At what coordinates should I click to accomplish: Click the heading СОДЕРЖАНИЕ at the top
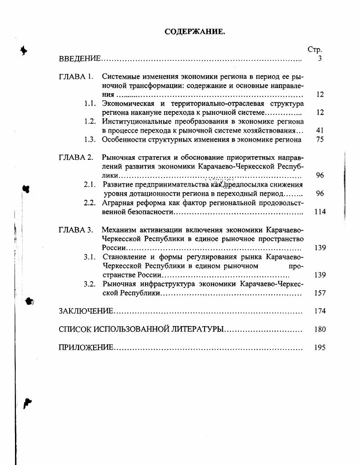(195, 32)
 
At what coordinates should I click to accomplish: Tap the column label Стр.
(315, 50)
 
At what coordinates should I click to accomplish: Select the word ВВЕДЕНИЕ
(80, 59)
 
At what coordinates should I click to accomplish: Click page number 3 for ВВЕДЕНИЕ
(320, 59)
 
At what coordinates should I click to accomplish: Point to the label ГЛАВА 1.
(76, 77)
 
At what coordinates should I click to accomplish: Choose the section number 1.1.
(90, 104)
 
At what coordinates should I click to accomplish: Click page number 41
(320, 130)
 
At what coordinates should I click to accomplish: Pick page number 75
(320, 139)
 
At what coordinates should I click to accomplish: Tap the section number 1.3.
(90, 139)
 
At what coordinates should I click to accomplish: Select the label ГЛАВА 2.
(76, 158)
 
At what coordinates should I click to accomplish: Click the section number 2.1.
(90, 184)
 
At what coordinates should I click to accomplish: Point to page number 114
(320, 212)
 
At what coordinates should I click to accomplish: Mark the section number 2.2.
(90, 203)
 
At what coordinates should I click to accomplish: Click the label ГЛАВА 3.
(76, 230)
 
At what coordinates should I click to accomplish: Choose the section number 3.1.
(90, 257)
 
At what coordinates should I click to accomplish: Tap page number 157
(320, 293)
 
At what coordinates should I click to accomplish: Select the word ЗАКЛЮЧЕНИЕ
(86, 311)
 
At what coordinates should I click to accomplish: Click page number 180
(320, 329)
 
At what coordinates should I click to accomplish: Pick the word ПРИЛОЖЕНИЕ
(86, 347)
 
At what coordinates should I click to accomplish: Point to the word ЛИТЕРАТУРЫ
(197, 329)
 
